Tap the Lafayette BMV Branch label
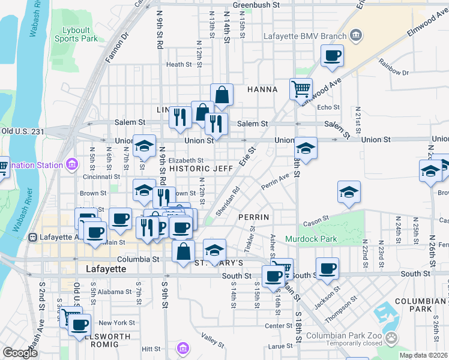tap(305, 36)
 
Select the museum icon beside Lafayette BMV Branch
tap(356, 35)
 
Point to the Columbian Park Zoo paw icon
tap(391, 337)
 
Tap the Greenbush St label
tap(256, 5)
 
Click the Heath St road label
tap(179, 65)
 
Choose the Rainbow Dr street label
tap(393, 67)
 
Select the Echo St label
tap(328, 107)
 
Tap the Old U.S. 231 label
tap(23, 131)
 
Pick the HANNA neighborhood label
tap(262, 89)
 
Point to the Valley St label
tap(212, 340)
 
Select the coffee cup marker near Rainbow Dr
tap(332, 56)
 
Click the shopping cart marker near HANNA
tap(301, 89)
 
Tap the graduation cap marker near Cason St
tap(349, 193)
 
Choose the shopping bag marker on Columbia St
tap(183, 252)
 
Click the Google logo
tap(20, 353)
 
